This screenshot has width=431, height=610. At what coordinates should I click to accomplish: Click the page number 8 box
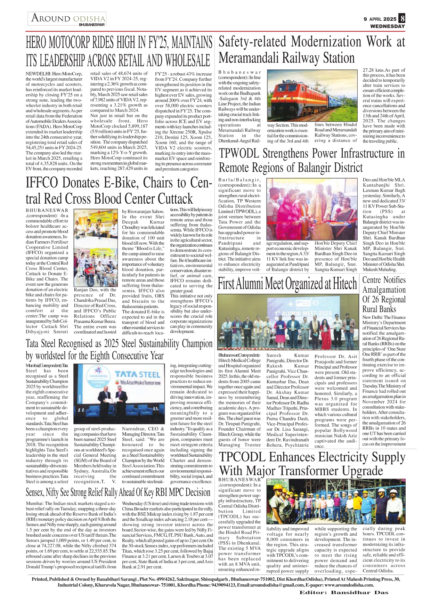(402, 18)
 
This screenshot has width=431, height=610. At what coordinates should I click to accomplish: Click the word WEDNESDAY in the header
(387, 26)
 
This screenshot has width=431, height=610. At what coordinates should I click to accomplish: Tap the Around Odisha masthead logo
(67, 19)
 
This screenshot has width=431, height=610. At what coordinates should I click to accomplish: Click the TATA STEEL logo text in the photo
(138, 374)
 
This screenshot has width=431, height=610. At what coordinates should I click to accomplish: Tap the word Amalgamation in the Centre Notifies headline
(384, 290)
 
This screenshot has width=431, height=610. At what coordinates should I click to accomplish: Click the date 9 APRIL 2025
(380, 19)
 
